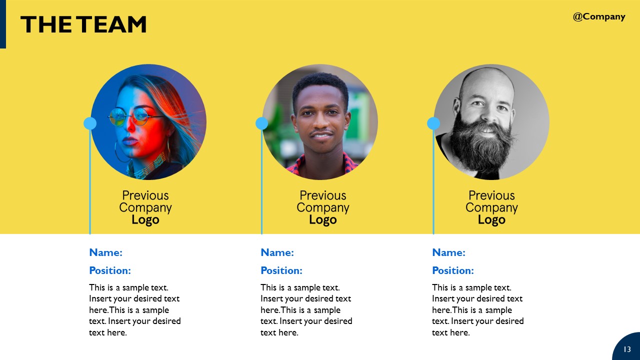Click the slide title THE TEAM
click(x=83, y=24)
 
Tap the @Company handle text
click(x=599, y=16)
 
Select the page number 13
click(x=627, y=349)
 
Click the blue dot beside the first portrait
click(x=90, y=123)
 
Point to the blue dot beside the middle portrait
click(x=261, y=123)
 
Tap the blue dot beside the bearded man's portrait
click(x=433, y=123)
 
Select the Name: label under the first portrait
click(x=105, y=252)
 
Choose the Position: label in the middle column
click(x=281, y=270)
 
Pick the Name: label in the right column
click(x=448, y=252)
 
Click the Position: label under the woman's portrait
click(x=110, y=270)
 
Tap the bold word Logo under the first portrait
click(x=145, y=220)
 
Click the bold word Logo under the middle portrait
click(x=323, y=220)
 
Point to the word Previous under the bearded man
click(x=491, y=195)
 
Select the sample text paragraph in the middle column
click(x=306, y=310)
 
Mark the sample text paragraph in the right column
click(x=477, y=310)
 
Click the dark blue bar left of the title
click(x=2, y=24)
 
